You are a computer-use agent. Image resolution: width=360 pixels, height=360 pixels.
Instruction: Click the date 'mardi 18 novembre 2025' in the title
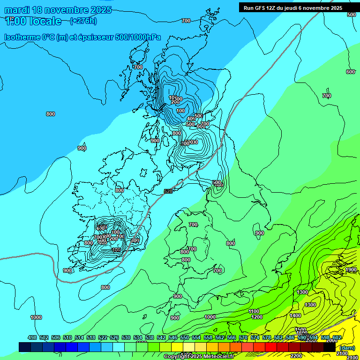(58, 10)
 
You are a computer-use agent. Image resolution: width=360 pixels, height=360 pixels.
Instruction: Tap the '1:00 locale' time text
(33, 21)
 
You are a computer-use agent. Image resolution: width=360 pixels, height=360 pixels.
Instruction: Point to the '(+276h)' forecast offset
(83, 21)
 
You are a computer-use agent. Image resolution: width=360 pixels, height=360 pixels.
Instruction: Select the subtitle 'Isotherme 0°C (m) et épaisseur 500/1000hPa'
(82, 37)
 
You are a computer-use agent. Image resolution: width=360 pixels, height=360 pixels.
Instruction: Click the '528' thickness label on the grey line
(168, 191)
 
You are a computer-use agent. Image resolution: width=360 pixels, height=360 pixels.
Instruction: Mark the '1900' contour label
(351, 270)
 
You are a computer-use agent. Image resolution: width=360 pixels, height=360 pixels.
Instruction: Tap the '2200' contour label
(296, 356)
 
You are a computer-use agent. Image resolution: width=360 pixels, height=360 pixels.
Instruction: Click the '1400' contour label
(295, 315)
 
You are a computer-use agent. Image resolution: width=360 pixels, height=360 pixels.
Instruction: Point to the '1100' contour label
(254, 311)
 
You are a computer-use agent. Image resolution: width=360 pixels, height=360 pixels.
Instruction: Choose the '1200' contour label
(257, 317)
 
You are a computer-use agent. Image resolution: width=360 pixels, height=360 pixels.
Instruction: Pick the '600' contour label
(350, 72)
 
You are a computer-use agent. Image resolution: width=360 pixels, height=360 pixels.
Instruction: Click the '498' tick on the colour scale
(32, 337)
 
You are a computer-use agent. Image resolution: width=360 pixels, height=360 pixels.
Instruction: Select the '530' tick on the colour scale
(126, 337)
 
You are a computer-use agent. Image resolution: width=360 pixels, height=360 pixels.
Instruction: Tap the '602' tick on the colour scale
(337, 337)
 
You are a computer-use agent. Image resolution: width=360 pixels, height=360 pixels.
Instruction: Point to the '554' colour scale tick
(196, 337)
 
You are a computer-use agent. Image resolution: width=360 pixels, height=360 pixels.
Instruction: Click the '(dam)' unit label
(347, 347)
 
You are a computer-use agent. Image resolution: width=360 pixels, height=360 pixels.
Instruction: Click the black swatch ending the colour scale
(330, 347)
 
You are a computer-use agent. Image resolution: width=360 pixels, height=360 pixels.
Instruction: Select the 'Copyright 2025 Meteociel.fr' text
(199, 357)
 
